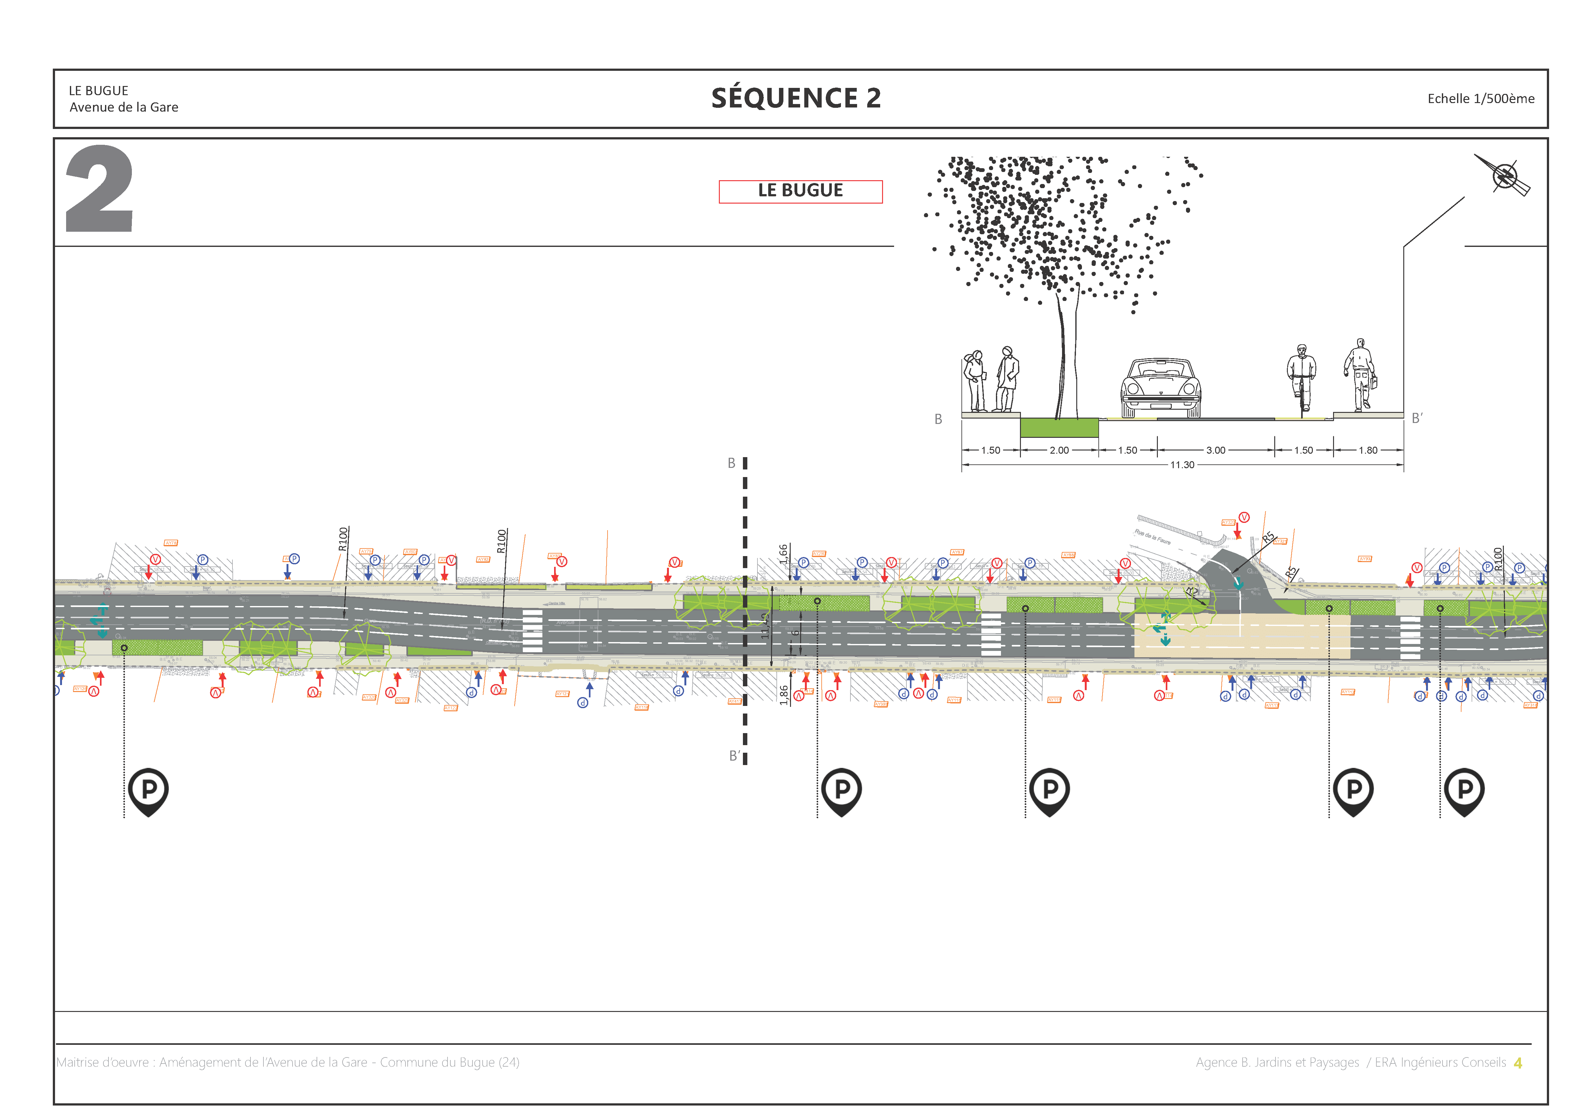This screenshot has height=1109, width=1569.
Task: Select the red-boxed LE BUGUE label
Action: pyautogui.click(x=800, y=191)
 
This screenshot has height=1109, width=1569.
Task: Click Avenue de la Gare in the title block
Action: pyautogui.click(x=124, y=107)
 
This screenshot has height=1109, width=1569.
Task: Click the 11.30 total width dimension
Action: pyautogui.click(x=1182, y=465)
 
